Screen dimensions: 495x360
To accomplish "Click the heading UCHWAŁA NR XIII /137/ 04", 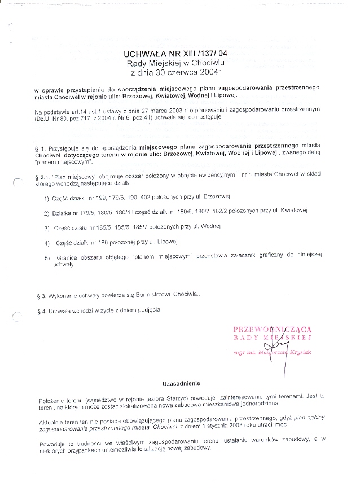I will pyautogui.click(x=175, y=54).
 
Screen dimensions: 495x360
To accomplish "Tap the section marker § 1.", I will pyautogui.click(x=40, y=146).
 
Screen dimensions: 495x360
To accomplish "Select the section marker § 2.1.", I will pyautogui.click(x=42, y=177).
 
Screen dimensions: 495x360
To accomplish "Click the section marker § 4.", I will pyautogui.click(x=39, y=310).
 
